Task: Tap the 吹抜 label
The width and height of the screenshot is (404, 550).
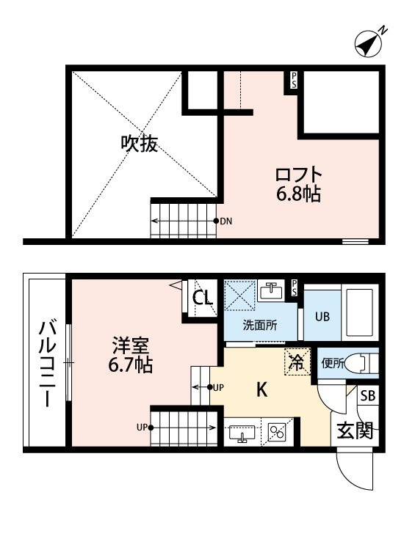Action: click(140, 143)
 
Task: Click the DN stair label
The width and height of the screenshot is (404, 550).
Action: click(226, 221)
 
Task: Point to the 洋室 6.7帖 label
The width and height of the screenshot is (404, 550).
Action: click(131, 353)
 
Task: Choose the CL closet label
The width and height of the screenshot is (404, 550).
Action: click(203, 298)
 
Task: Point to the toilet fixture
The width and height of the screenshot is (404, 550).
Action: click(362, 362)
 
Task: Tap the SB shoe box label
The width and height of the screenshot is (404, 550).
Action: click(367, 397)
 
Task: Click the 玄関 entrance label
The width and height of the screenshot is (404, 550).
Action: click(354, 429)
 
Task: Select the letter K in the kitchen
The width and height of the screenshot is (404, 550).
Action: click(261, 390)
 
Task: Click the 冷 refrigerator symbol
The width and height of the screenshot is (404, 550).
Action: click(297, 361)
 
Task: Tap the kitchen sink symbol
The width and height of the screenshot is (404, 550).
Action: click(242, 433)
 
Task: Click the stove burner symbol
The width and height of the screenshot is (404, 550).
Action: click(278, 433)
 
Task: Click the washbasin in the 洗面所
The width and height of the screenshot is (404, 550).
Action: click(273, 290)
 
